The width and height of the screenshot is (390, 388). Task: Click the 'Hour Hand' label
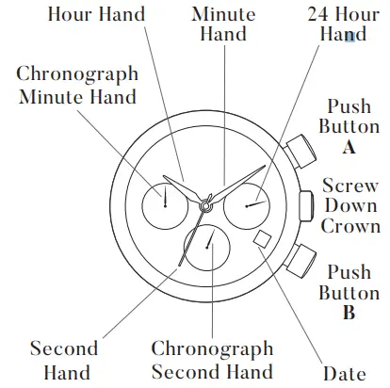pyautogui.click(x=96, y=14)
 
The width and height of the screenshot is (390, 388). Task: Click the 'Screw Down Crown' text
pyautogui.click(x=350, y=204)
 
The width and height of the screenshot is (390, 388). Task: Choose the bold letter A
pyautogui.click(x=349, y=147)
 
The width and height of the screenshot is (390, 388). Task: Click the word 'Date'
pyautogui.click(x=343, y=373)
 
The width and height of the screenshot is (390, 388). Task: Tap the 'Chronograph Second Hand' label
pyautogui.click(x=212, y=360)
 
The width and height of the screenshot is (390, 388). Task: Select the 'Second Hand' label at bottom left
pyautogui.click(x=64, y=360)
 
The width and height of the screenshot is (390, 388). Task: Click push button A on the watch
pyautogui.click(x=301, y=149)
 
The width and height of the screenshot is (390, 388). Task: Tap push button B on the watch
pyautogui.click(x=301, y=255)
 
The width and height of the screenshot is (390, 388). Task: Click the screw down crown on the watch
pyautogui.click(x=306, y=202)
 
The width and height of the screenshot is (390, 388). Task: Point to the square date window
pyautogui.click(x=261, y=240)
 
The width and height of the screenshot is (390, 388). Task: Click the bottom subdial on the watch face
pyautogui.click(x=208, y=246)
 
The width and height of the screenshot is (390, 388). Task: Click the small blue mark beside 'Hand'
pyautogui.click(x=350, y=35)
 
